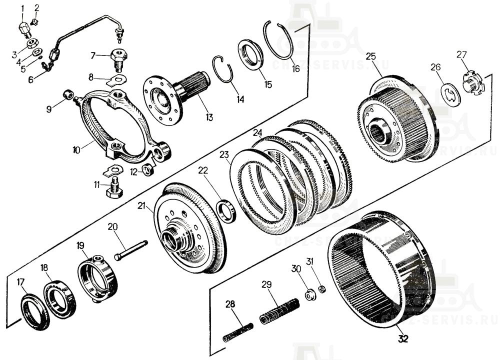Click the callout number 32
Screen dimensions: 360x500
[403, 339]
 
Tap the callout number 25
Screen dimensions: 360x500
[370, 56]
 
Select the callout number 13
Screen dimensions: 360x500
[208, 117]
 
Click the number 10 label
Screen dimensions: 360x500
[76, 149]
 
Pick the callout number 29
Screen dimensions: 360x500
[266, 284]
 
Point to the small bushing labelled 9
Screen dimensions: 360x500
[68, 94]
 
